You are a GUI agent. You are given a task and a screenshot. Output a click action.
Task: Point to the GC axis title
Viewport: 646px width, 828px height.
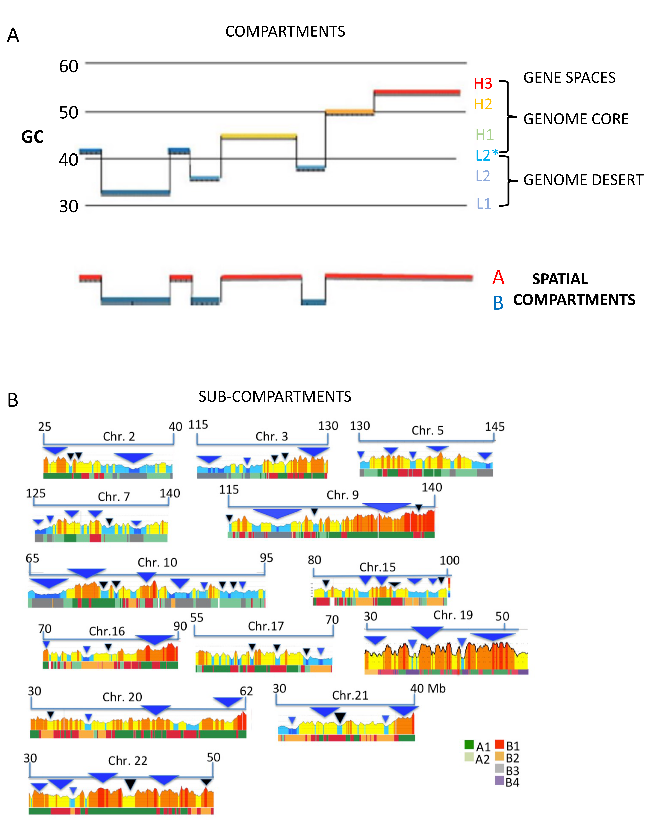pos(33,137)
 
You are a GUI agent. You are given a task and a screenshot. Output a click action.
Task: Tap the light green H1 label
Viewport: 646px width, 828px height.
pos(484,135)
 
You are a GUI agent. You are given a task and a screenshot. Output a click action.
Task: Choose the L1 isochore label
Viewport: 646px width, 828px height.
pos(484,204)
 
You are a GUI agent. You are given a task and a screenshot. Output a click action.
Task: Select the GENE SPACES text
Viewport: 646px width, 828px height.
pos(569,78)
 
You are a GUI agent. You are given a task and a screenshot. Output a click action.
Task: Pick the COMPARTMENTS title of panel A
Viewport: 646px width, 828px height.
pos(285,31)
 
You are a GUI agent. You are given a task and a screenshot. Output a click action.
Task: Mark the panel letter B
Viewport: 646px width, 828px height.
pos(13,400)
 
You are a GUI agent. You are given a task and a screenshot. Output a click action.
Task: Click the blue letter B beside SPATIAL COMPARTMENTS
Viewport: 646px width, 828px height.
pos(498,303)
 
